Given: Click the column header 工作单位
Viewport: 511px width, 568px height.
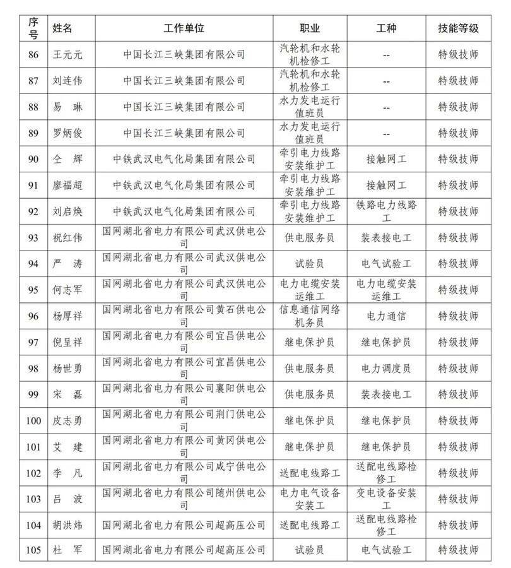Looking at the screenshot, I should [184, 28].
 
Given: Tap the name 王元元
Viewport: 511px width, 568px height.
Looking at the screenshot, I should [68, 54].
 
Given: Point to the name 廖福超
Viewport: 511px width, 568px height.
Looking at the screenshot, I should [68, 185].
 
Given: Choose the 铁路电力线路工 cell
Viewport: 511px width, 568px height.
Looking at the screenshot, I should [386, 211].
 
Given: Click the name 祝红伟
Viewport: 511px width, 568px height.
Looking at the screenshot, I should [68, 237].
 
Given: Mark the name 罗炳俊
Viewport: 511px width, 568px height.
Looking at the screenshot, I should [68, 133].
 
